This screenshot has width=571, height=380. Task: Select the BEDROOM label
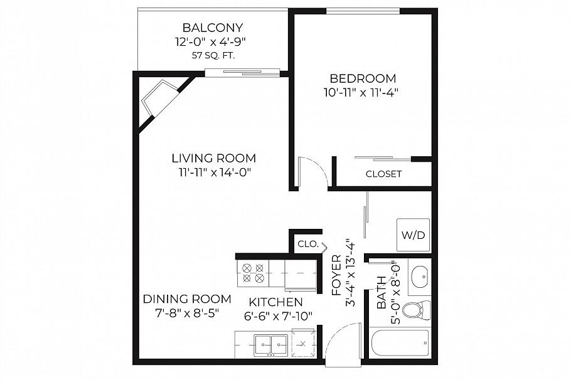[x=363, y=79]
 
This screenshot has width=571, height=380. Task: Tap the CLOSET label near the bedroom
[x=383, y=174]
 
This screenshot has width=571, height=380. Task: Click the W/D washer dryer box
[x=413, y=235]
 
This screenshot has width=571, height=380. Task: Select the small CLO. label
[x=307, y=244]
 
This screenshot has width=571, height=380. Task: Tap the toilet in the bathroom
[x=415, y=310]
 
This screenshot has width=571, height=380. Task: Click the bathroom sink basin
[x=419, y=276]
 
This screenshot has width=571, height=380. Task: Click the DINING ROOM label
[x=187, y=299]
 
